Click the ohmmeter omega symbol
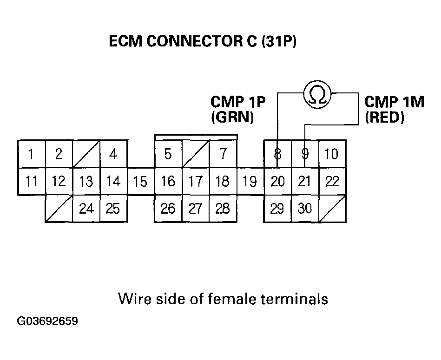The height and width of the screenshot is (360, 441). pos(317,95)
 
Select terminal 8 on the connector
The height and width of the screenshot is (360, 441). pos(277,154)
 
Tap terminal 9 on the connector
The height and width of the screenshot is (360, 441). pos(305,154)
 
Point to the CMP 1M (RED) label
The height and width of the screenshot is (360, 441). pos(394,109)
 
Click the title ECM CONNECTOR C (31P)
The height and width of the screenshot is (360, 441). pos(202,42)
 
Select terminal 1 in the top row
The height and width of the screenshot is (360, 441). pos(31,154)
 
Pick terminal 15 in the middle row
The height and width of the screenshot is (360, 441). pos(140,181)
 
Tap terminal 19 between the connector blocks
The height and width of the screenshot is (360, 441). pos(250,181)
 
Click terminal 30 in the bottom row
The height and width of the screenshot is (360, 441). pos(305,209)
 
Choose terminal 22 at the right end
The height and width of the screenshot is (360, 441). pos(332,181)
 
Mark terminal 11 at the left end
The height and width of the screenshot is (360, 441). pos(31,181)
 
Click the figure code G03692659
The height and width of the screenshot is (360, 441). pos(48,321)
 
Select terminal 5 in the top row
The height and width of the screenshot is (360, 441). pos(168,154)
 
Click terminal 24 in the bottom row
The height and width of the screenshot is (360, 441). pos(86,209)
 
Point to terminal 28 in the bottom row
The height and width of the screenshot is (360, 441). pos(223,209)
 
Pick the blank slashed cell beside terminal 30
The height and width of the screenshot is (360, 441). pos(332,209)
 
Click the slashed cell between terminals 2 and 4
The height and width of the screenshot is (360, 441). pos(86,154)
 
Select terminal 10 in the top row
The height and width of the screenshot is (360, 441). pos(331,154)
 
